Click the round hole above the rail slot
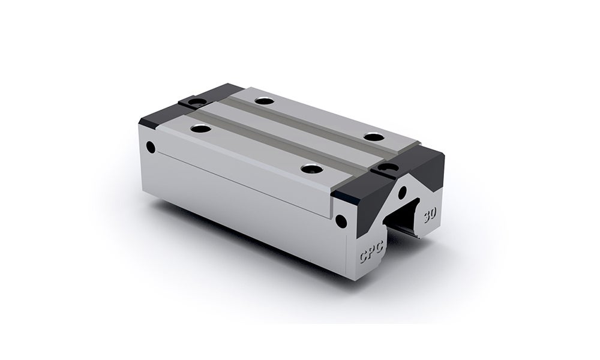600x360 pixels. [402, 193]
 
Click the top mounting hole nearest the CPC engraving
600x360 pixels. [308, 169]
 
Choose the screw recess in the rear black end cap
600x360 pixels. [191, 103]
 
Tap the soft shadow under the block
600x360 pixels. [240, 252]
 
